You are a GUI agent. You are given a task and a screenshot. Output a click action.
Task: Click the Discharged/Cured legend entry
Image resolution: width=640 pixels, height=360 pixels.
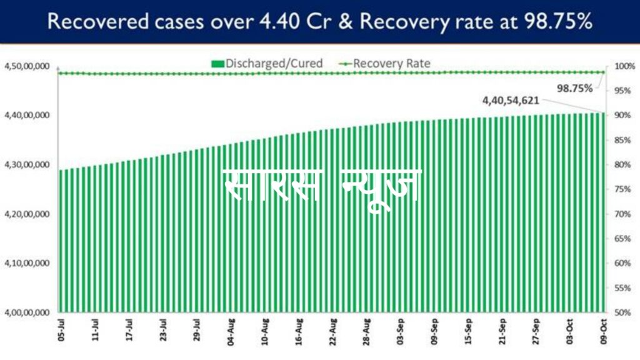click(x=267, y=63)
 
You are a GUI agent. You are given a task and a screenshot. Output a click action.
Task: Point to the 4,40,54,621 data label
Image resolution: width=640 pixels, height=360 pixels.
click(x=511, y=100)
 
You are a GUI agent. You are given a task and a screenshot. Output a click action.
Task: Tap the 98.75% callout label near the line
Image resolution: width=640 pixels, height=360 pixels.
click(x=574, y=88)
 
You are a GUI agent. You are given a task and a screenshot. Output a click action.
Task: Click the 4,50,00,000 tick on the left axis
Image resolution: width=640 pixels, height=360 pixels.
click(x=27, y=66)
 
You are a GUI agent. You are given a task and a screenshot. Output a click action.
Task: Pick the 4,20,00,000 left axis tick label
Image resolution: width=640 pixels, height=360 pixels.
click(x=27, y=214)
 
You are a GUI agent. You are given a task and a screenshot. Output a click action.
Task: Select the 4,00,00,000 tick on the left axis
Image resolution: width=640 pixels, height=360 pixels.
click(x=27, y=312)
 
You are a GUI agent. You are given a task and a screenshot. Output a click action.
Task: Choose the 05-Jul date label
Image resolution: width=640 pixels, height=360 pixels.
click(x=60, y=332)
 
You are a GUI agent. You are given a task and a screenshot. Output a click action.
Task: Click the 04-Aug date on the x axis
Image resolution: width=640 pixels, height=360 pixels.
click(x=231, y=332)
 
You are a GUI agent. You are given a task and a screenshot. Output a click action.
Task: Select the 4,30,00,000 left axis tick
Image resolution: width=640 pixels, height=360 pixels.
click(x=27, y=164)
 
